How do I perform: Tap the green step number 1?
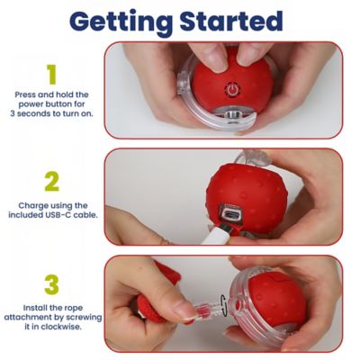tap(52, 75)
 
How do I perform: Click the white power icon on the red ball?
tap(232, 91)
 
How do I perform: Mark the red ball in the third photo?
tap(274, 306)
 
